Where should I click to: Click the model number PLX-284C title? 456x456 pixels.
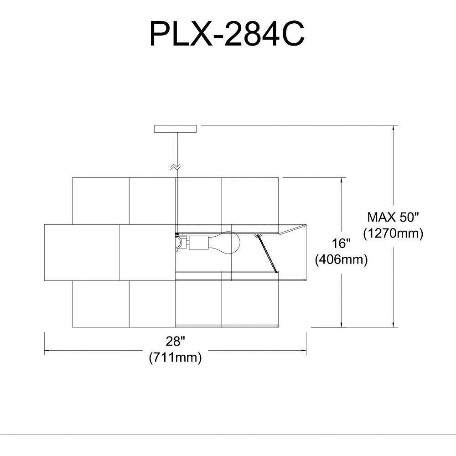pos(227,35)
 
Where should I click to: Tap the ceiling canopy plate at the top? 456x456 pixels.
pos(176,129)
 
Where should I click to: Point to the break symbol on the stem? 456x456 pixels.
pos(176,166)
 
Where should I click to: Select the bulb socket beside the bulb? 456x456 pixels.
pos(199,243)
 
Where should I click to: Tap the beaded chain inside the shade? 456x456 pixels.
pos(267,253)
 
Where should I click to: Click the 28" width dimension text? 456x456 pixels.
pos(176,342)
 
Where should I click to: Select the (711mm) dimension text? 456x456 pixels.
pos(176,358)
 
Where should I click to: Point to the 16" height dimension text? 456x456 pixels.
pos(341,243)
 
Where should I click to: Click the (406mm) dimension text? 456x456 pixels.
pos(342,259)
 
